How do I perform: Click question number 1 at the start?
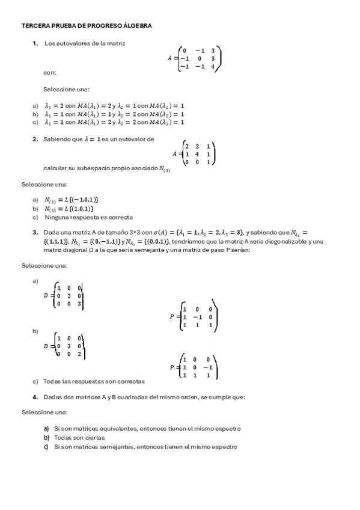pos(36,43)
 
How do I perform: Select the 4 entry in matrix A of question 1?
pos(212,67)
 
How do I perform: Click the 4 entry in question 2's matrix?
pos(198,154)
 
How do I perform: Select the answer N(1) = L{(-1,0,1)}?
pos(71,200)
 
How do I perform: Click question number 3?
pos(35,233)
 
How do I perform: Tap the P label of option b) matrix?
pos(172,367)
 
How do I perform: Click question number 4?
pos(36,397)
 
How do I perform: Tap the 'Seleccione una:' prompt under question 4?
pos(44,413)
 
